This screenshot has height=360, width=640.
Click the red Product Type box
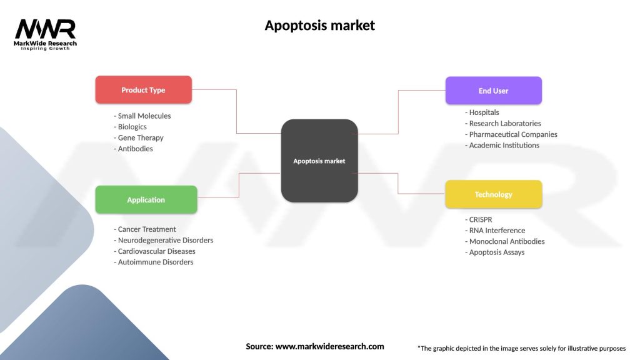143,90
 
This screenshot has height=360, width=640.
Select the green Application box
146,200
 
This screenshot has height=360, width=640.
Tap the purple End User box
493,91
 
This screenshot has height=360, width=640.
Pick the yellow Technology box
493,194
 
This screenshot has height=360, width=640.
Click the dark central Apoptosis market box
319,161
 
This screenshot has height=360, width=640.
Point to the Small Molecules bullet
144,116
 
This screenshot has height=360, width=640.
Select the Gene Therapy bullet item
141,138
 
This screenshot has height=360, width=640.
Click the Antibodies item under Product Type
135,149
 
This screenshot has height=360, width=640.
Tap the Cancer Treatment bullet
147,229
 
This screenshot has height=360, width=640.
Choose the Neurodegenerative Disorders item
165,241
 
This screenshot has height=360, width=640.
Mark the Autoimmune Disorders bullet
155,262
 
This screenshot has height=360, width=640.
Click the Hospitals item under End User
484,112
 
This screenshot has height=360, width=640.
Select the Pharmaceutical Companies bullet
512,134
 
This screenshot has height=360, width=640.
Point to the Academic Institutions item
504,146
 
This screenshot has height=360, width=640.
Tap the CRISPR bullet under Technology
481,219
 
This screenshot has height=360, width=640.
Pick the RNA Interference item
497,231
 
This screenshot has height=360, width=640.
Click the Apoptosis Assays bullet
496,252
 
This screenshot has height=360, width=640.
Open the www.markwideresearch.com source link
329,346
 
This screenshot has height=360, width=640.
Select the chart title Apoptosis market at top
319,26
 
